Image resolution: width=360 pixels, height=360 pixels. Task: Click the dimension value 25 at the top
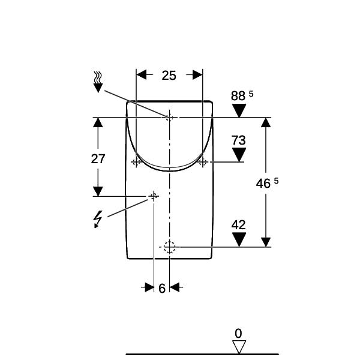[x=169, y=76]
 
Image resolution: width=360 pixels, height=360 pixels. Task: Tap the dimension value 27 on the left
[x=98, y=158]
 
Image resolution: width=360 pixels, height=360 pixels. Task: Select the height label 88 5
[x=242, y=95]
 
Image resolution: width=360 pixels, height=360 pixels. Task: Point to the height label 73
[x=239, y=140]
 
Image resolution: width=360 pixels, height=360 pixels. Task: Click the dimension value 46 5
[x=267, y=183]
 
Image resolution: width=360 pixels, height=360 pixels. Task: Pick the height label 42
[x=239, y=225]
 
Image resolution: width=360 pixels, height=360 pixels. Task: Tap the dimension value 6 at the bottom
[x=162, y=288]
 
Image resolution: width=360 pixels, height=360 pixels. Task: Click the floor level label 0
[x=239, y=334]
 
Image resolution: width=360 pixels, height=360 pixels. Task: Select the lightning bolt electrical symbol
[x=98, y=219]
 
